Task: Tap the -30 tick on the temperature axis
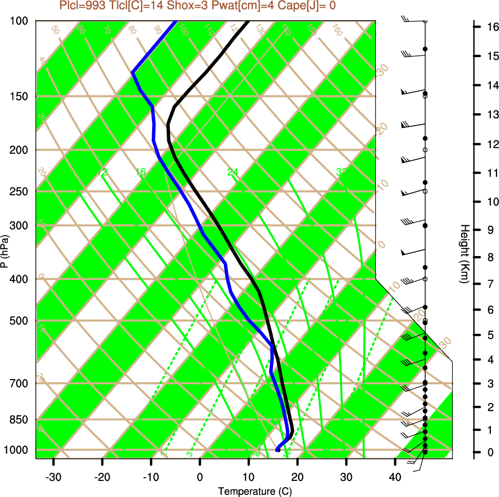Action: click(x=53, y=477)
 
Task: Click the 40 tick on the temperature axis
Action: click(x=395, y=477)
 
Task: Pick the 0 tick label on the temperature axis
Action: click(x=200, y=477)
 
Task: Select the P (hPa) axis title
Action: click(x=5, y=251)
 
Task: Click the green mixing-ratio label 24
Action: click(x=233, y=172)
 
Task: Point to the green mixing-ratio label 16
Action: click(x=140, y=172)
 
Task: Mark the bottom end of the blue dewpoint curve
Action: click(x=277, y=450)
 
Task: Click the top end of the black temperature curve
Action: click(x=248, y=22)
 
